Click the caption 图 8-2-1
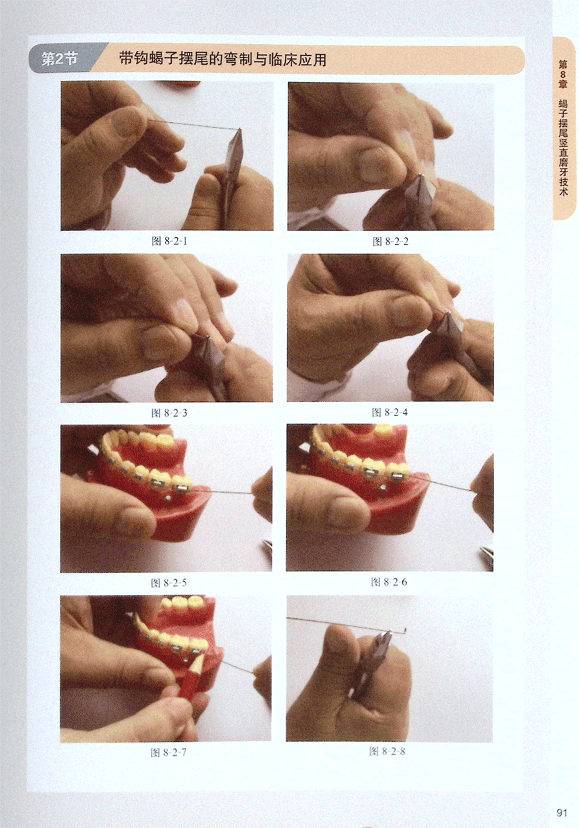[x=169, y=241]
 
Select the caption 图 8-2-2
[x=390, y=242]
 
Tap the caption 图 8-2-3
[x=169, y=413]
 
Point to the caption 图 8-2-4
[x=390, y=412]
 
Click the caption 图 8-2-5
[x=169, y=583]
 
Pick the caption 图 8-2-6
[x=389, y=582]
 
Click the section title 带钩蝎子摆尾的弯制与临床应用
[x=223, y=59]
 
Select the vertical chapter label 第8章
[x=563, y=73]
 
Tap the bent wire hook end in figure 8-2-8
[x=406, y=630]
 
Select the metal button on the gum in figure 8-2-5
[x=168, y=498]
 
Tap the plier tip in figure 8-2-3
[x=207, y=337]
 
